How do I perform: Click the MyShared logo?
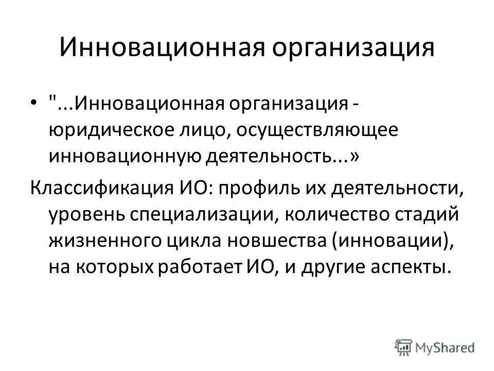[x=435, y=346]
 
